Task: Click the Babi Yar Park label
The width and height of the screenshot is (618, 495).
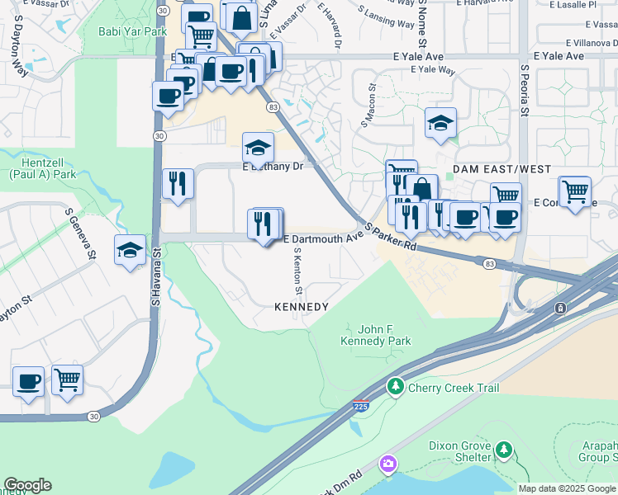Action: click(x=132, y=32)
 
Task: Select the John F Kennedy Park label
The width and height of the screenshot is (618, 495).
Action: click(x=365, y=334)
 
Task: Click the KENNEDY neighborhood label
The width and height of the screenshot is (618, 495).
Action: click(x=302, y=307)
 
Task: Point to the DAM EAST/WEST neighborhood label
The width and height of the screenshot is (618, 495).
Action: click(x=502, y=169)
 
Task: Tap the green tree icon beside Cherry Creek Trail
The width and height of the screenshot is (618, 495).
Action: click(x=396, y=387)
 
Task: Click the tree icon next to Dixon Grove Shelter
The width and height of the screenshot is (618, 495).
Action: click(x=503, y=450)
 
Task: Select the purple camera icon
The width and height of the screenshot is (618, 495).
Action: click(x=387, y=464)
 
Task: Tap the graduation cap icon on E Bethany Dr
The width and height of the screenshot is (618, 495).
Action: click(x=258, y=149)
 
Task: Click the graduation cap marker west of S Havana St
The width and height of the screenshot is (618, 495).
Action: click(x=130, y=250)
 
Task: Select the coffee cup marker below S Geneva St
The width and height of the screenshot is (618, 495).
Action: click(x=29, y=381)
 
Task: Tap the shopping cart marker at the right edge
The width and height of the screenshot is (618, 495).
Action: click(x=574, y=192)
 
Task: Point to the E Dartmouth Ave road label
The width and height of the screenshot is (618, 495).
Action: click(x=324, y=239)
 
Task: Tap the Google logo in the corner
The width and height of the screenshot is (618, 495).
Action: click(x=27, y=485)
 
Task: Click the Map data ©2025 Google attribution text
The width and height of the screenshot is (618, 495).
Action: click(x=567, y=488)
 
